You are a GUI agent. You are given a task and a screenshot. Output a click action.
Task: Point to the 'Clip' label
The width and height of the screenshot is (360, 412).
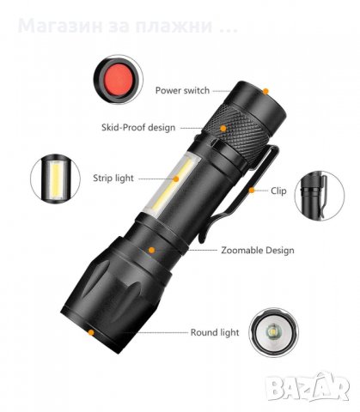pyautogui.click(x=278, y=191)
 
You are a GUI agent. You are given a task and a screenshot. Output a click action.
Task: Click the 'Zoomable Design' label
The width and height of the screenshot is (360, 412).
pyautogui.click(x=257, y=251)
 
